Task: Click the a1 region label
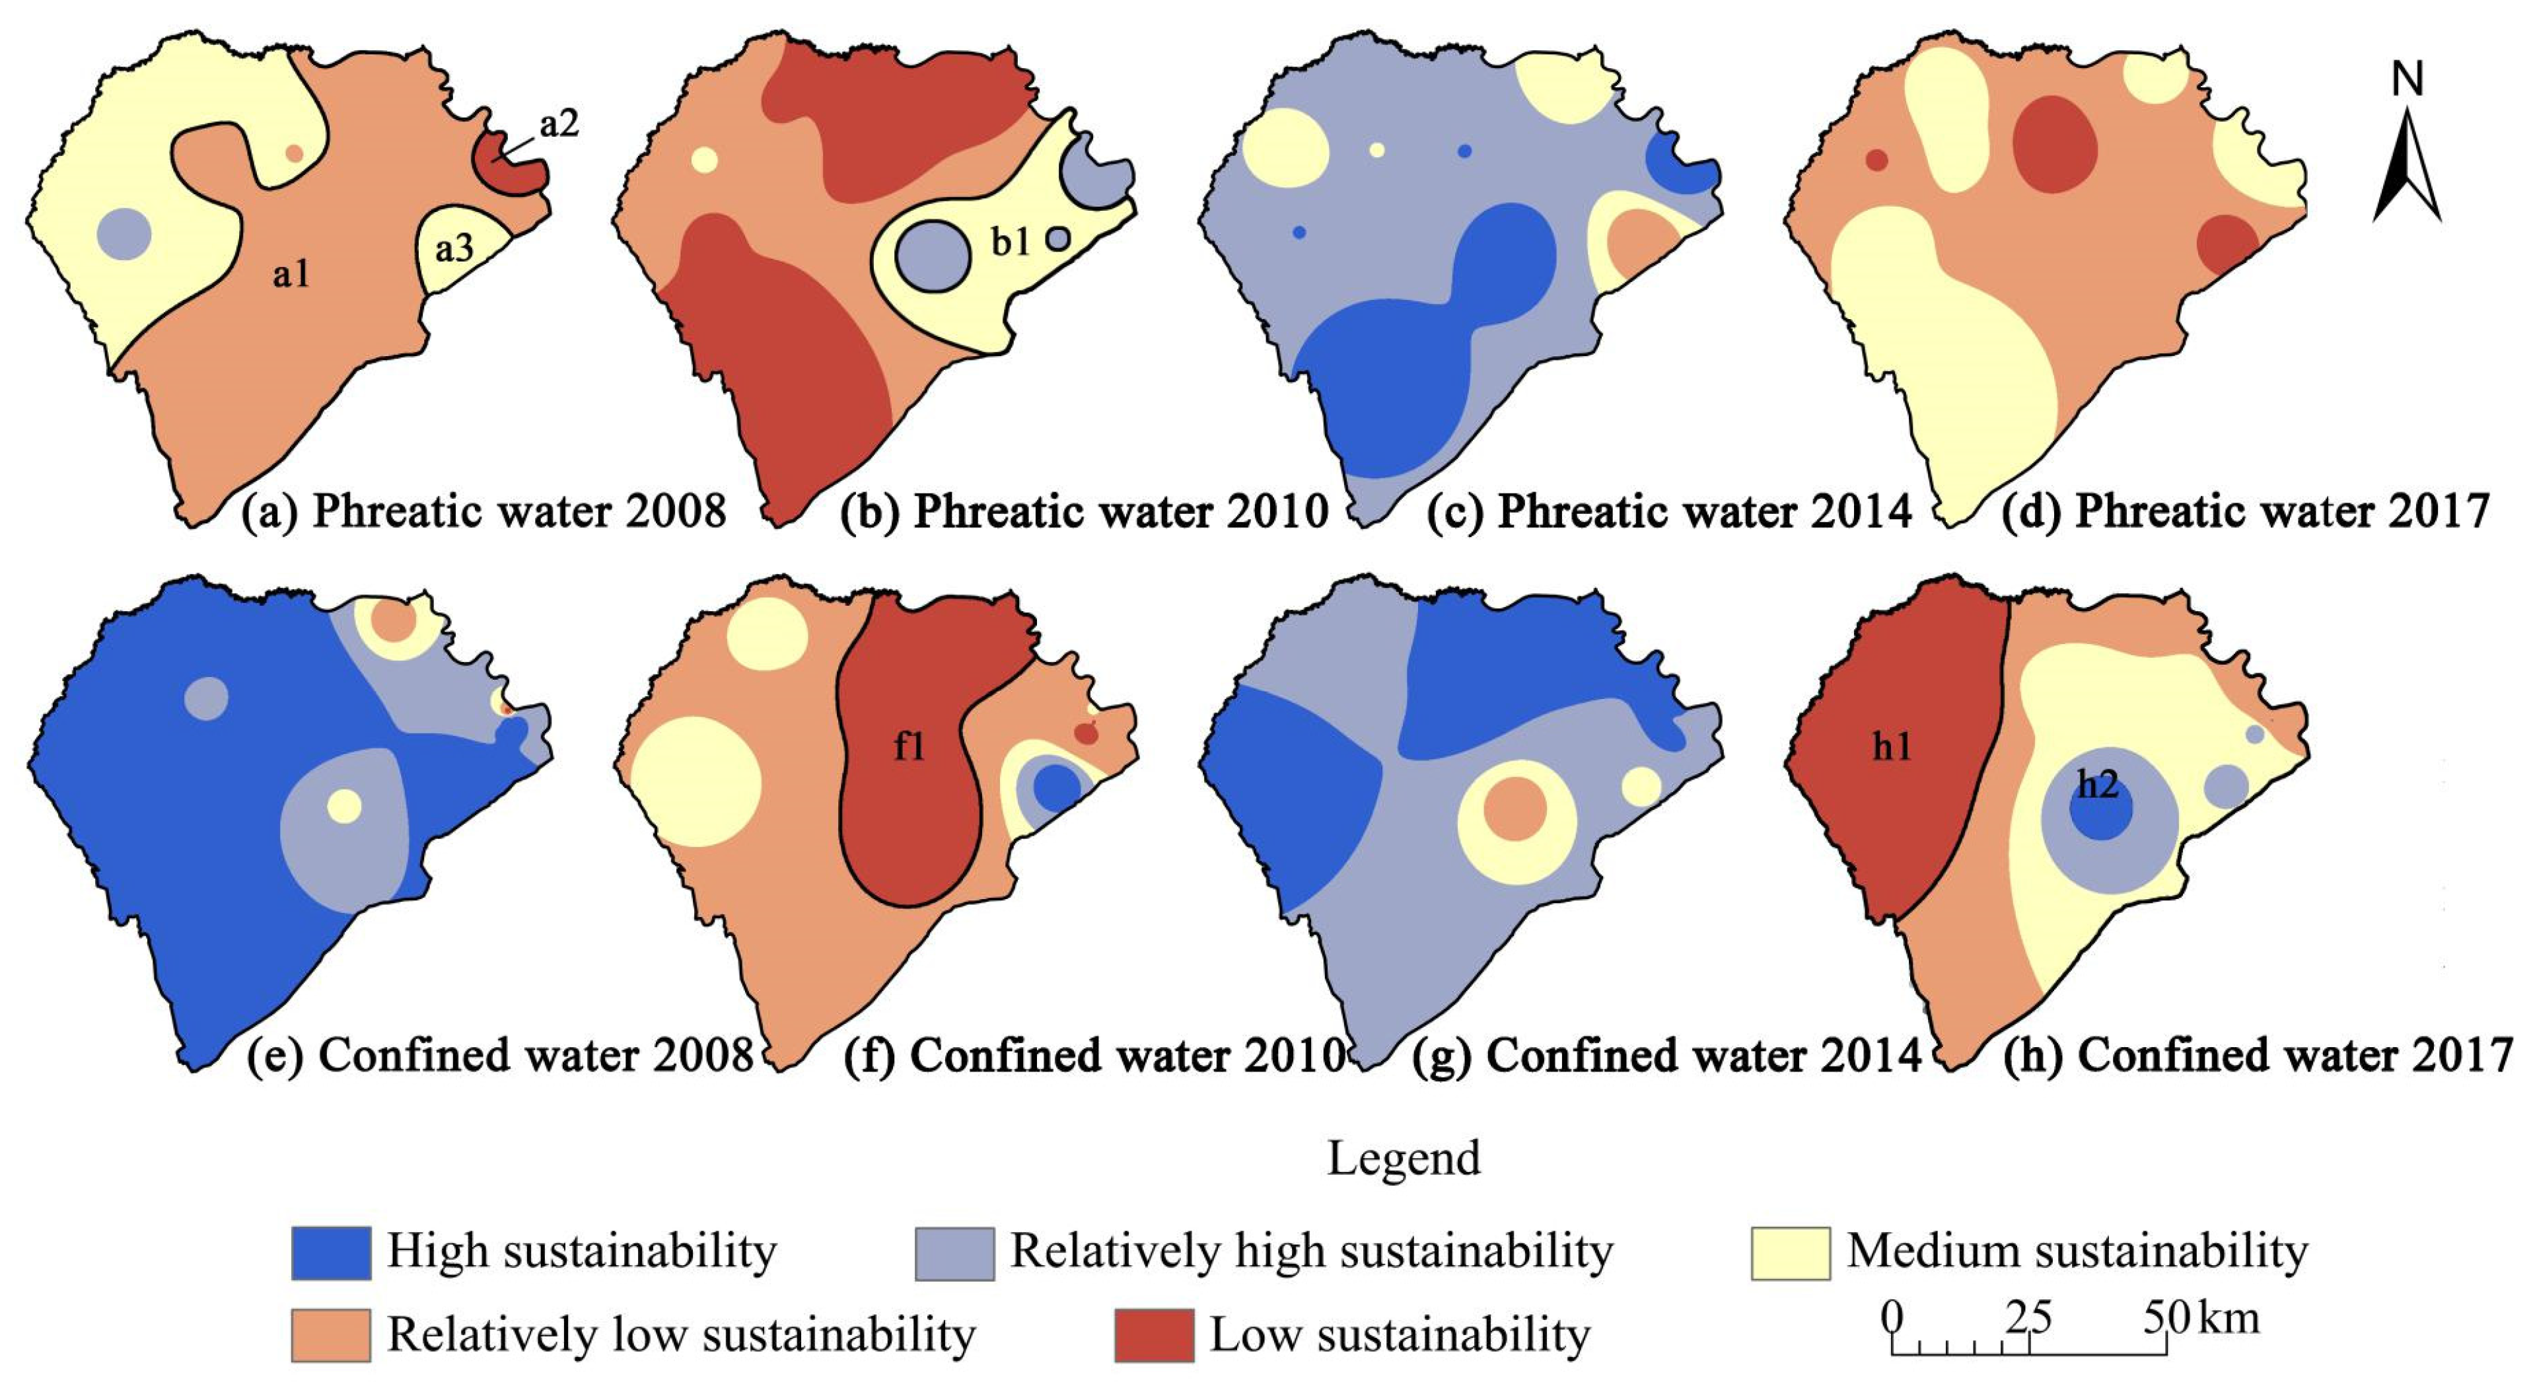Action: (291, 274)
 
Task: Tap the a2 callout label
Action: (559, 125)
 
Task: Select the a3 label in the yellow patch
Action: (454, 250)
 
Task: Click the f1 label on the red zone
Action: (910, 748)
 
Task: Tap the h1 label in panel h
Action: (1892, 748)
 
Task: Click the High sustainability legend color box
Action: (332, 1252)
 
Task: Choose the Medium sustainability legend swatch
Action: (1790, 1252)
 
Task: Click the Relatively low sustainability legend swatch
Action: (332, 1335)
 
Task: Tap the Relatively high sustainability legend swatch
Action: (954, 1252)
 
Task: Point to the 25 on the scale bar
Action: (2028, 1318)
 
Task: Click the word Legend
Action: (1403, 1159)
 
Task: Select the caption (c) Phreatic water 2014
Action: (1668, 511)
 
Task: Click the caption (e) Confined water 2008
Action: (499, 1056)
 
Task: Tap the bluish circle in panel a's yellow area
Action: (125, 234)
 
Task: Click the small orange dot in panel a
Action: (294, 153)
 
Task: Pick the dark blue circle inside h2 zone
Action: (2100, 813)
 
